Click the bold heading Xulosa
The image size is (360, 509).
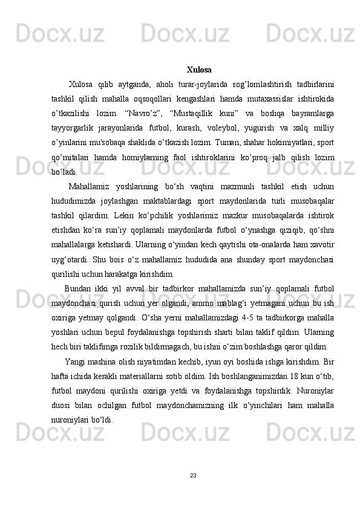199,70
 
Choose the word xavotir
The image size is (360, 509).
321,243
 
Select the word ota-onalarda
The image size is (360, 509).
270,243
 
